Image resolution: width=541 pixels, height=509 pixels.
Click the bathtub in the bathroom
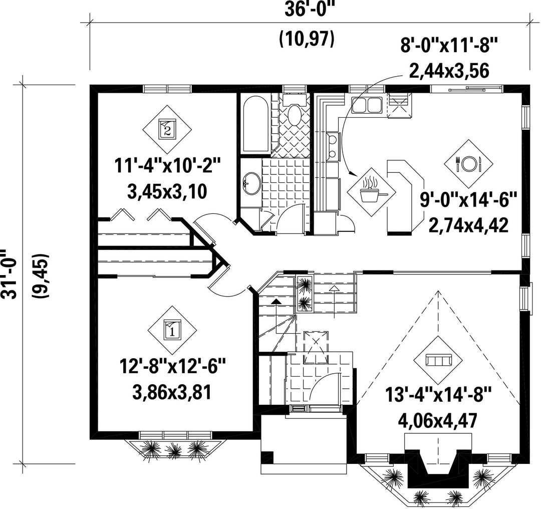point(256,124)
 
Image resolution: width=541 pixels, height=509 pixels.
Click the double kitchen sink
point(366,105)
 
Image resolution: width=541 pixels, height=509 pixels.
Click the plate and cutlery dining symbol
point(468,163)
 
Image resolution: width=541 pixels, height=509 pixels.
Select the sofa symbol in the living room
point(439,360)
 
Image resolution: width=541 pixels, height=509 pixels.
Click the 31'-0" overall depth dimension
point(9,273)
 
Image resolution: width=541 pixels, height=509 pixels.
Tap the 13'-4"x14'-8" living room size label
point(438,395)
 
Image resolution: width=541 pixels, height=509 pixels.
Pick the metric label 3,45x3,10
point(167,191)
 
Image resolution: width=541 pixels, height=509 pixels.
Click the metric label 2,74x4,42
point(468,225)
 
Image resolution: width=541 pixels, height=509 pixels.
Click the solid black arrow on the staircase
point(276,301)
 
